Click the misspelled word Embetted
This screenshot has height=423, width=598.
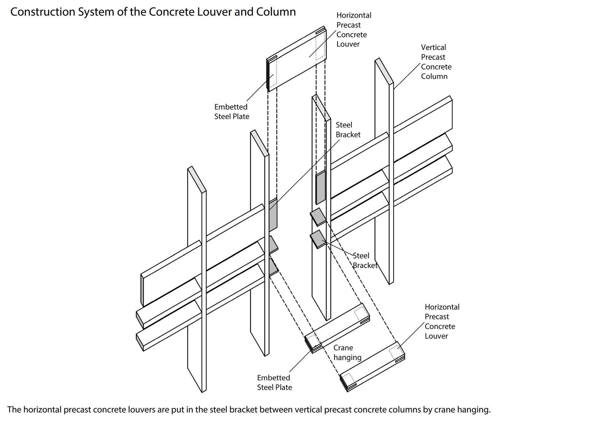pyautogui.click(x=231, y=107)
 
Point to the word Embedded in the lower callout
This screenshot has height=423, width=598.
pyautogui.click(x=274, y=378)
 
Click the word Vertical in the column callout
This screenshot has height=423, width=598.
pyautogui.click(x=433, y=47)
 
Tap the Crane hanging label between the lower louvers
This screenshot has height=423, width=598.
pyautogui.click(x=347, y=352)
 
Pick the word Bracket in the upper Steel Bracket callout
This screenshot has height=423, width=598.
pyautogui.click(x=348, y=135)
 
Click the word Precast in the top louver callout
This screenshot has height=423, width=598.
pyautogui.click(x=348, y=25)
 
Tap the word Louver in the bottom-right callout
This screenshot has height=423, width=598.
pyautogui.click(x=436, y=336)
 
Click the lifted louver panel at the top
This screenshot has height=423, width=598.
pyautogui.click(x=296, y=60)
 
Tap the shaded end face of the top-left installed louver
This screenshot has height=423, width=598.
pyautogui.click(x=142, y=290)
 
